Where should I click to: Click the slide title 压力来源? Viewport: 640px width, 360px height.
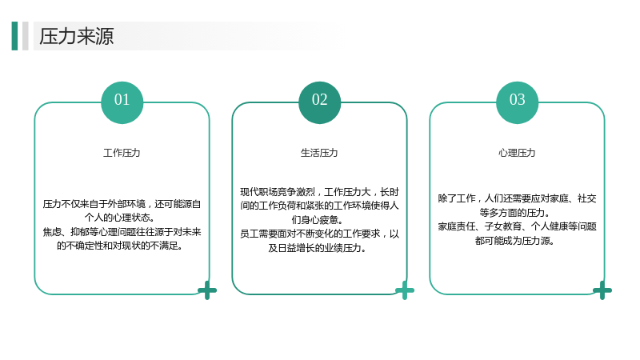point(76,36)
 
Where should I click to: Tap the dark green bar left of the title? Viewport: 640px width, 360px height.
point(14,36)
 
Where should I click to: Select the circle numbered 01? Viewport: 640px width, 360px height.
point(122,102)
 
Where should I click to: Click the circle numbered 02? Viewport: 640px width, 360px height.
point(319,102)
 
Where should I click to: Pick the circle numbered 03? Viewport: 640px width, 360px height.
point(517,102)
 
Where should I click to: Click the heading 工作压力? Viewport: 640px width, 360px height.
point(122,153)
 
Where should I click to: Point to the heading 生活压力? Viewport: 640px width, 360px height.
point(319,153)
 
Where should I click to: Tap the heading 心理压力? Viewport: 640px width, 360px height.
point(517,153)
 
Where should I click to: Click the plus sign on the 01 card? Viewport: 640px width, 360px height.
point(207,290)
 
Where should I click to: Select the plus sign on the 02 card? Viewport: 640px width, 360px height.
point(405,290)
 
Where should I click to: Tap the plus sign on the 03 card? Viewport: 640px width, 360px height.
point(602,290)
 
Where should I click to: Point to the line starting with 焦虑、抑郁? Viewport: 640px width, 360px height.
point(122,232)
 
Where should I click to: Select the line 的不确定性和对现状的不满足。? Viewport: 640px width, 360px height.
point(120,246)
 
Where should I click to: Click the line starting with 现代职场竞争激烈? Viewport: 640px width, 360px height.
point(319,192)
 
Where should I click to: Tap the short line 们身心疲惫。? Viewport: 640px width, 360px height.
point(317,219)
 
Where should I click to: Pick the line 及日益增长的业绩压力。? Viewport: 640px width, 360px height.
point(317,248)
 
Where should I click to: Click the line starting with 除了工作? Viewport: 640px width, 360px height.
point(517,198)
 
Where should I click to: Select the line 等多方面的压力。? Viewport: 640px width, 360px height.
point(515,213)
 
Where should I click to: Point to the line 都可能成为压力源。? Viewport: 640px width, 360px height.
point(515,241)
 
